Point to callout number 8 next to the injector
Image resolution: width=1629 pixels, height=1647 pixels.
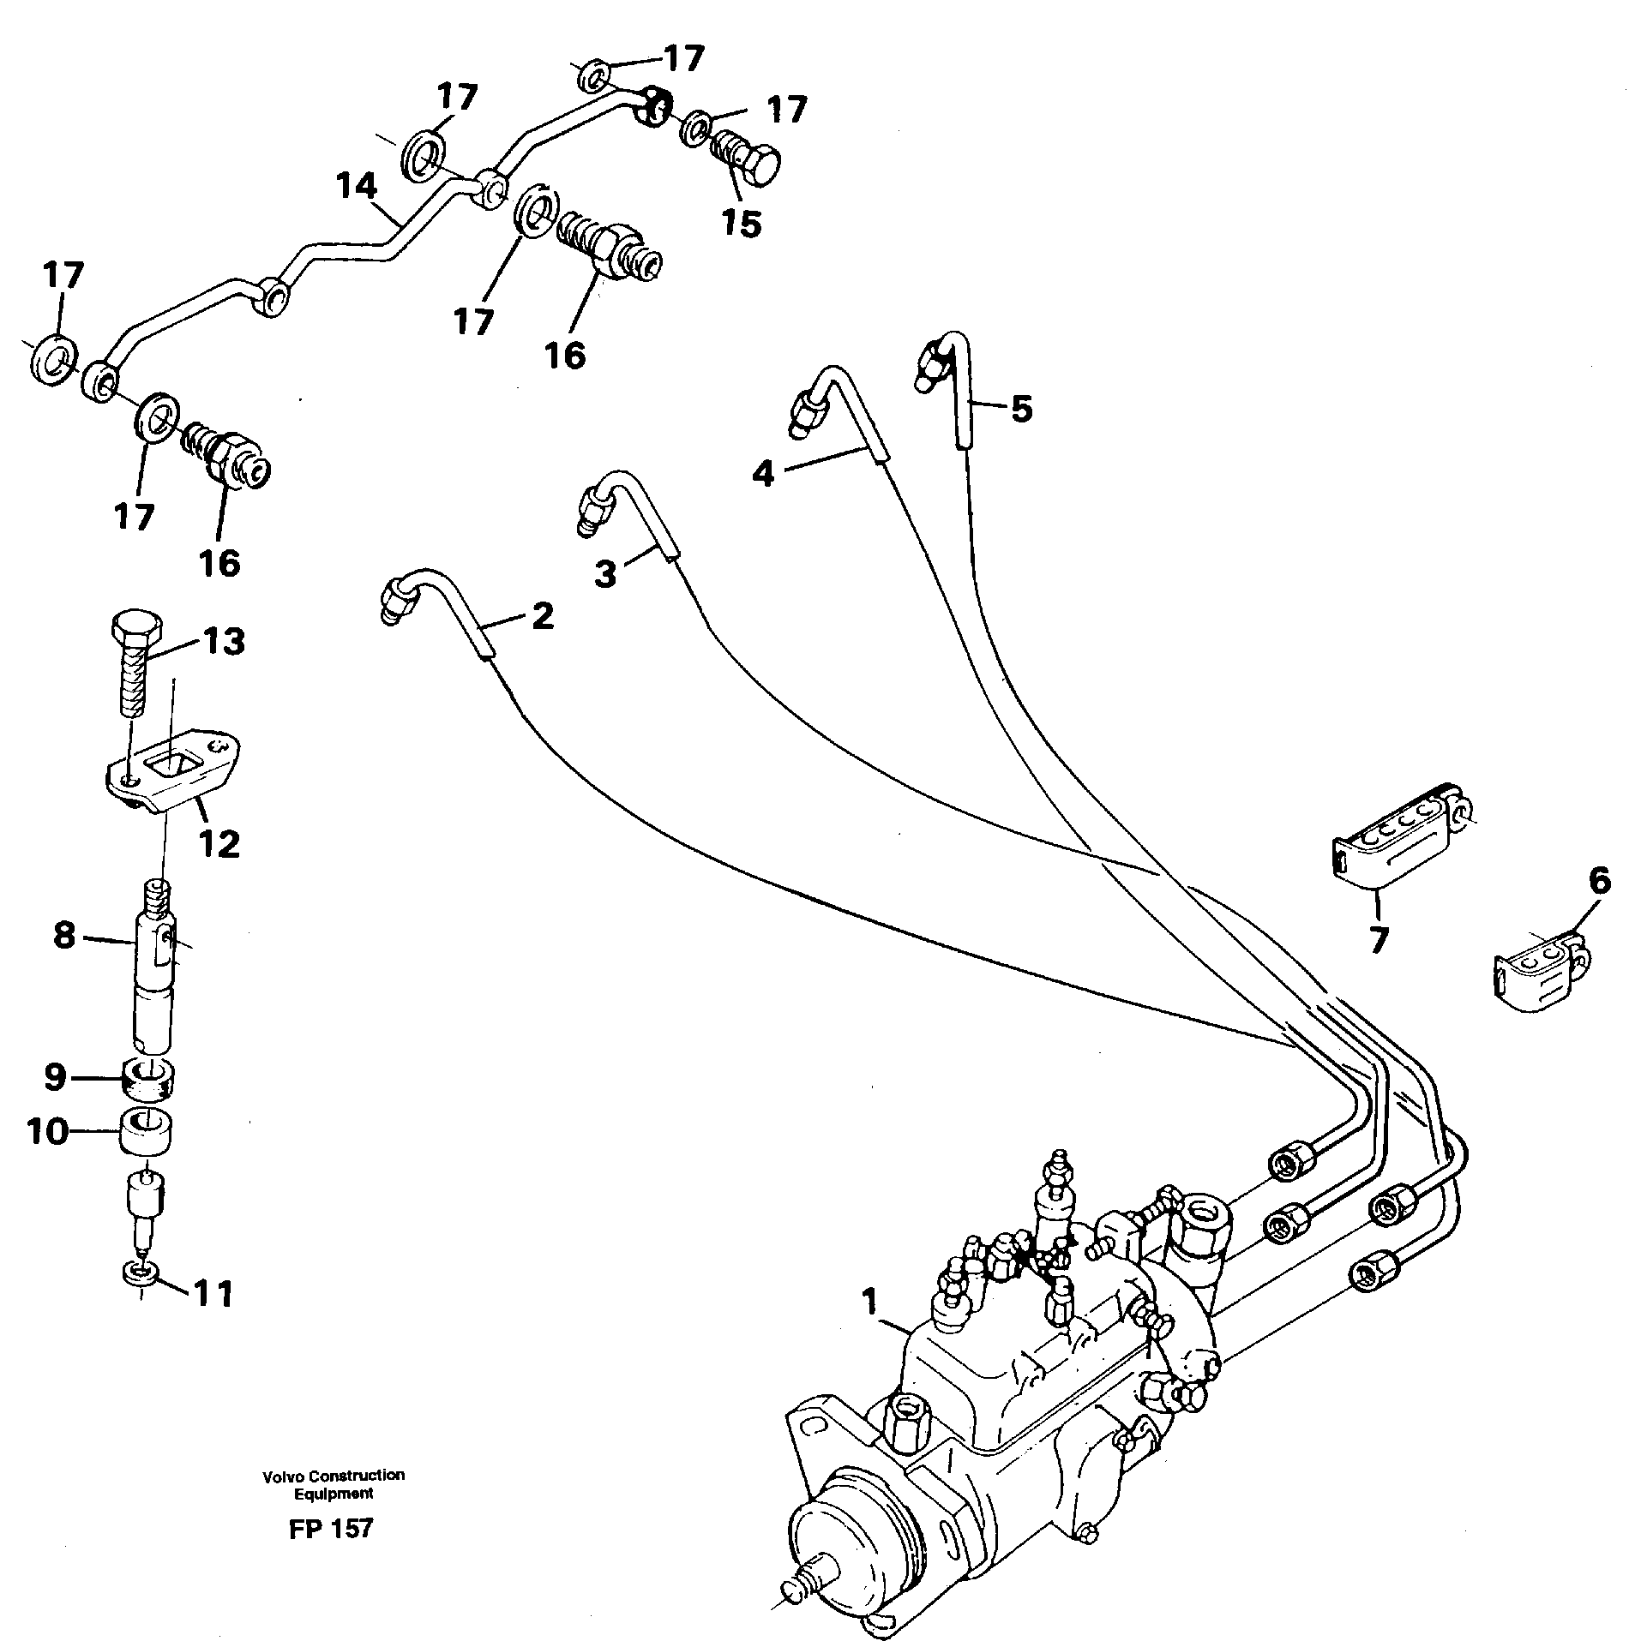tap(63, 935)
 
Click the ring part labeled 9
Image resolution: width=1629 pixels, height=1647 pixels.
tap(149, 1077)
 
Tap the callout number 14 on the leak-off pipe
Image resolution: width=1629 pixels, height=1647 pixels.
tap(356, 186)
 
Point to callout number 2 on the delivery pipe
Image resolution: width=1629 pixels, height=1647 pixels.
tap(542, 615)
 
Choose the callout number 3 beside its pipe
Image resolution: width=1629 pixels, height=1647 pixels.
tap(605, 573)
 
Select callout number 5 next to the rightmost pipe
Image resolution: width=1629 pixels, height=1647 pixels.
tap(1020, 409)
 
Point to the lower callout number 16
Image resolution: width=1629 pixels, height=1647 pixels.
tap(220, 563)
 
